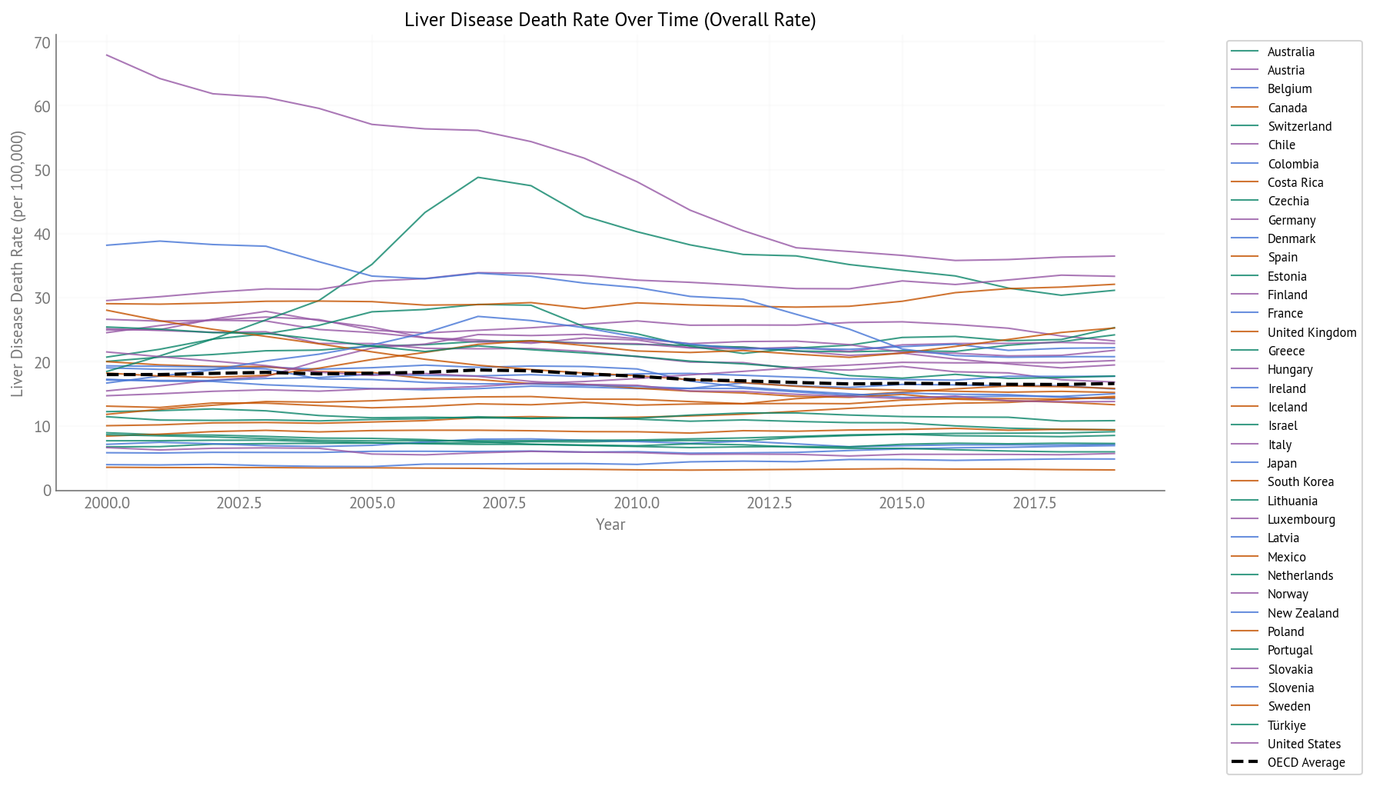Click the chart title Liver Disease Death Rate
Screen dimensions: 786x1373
coord(610,20)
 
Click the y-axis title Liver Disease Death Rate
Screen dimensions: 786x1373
coord(18,264)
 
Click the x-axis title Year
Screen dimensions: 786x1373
coord(610,525)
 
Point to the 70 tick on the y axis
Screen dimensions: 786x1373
coord(42,43)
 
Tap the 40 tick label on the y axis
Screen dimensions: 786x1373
coord(42,235)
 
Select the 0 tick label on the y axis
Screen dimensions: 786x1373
coord(47,490)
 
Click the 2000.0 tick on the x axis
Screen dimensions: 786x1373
coord(107,503)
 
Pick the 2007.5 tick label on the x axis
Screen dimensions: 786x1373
coord(504,503)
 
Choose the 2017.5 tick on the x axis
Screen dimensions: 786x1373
coord(1034,503)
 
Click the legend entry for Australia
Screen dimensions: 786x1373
coord(1291,52)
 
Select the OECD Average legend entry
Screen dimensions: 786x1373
coord(1305,763)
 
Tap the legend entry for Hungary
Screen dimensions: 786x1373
coord(1290,370)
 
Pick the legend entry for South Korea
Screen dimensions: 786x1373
coord(1300,482)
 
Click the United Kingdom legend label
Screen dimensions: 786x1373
coord(1311,333)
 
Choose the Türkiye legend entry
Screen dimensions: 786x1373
coord(1286,726)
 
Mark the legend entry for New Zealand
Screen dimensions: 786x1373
coord(1303,614)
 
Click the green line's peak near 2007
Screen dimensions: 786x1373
coord(478,178)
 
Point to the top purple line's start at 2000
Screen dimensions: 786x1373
coord(107,55)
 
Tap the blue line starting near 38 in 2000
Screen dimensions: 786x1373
coord(107,245)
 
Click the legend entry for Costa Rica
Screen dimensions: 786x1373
coord(1295,183)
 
